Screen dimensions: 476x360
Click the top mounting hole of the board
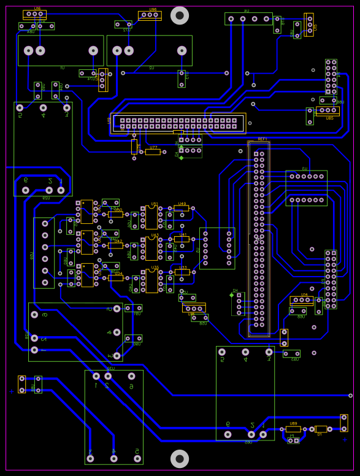(179, 15)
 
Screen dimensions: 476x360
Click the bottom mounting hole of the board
(179, 458)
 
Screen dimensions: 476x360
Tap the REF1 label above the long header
(262, 139)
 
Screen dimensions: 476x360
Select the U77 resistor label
(153, 148)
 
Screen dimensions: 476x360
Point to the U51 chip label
(155, 204)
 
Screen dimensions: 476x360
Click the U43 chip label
(155, 236)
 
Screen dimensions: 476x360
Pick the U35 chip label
(155, 267)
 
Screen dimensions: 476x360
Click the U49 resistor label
(182, 204)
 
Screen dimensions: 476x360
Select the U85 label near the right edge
(329, 117)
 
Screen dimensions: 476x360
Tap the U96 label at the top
(152, 10)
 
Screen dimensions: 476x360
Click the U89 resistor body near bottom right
(293, 429)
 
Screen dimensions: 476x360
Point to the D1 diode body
(320, 429)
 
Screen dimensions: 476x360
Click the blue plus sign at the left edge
(11, 391)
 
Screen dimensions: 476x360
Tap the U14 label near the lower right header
(304, 295)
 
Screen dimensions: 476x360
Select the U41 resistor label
(182, 235)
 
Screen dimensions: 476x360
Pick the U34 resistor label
(119, 274)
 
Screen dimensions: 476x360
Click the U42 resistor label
(118, 241)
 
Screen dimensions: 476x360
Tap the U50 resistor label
(118, 210)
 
